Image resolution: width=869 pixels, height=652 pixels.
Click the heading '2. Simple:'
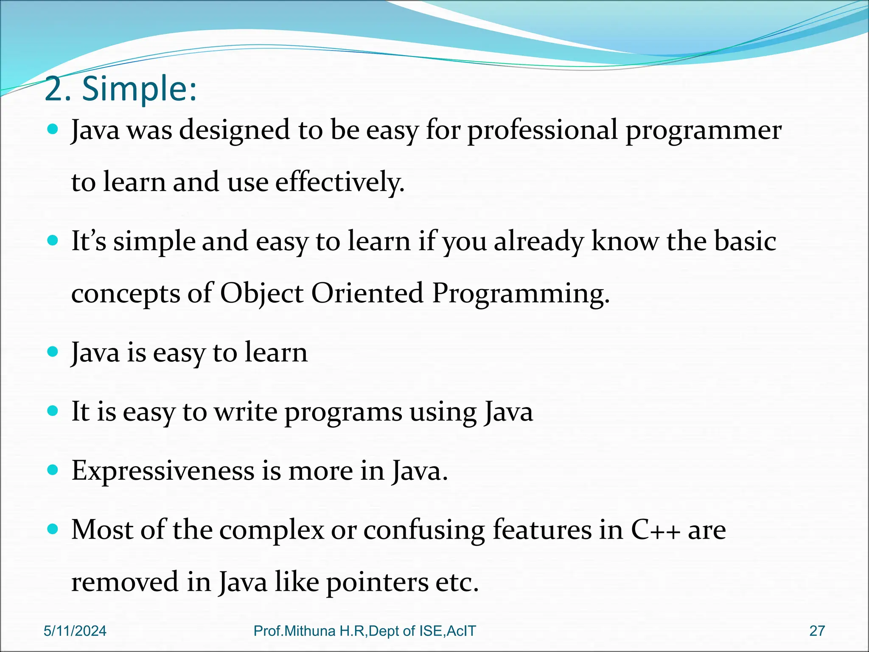pyautogui.click(x=121, y=90)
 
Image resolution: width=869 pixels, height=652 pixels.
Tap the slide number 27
pyautogui.click(x=817, y=631)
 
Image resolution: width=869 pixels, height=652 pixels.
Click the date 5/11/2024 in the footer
pyautogui.click(x=75, y=631)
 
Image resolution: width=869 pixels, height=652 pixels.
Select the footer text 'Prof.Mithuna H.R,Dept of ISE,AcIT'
pyautogui.click(x=365, y=631)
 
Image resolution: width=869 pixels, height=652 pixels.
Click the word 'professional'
pyautogui.click(x=543, y=131)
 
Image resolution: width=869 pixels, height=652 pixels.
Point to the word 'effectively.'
pyautogui.click(x=340, y=183)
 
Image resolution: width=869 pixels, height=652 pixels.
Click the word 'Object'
pyautogui.click(x=261, y=294)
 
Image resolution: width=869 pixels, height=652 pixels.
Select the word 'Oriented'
pyautogui.click(x=367, y=294)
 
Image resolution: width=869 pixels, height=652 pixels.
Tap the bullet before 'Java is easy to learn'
pyautogui.click(x=53, y=352)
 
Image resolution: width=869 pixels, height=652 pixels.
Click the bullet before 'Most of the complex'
pyautogui.click(x=53, y=529)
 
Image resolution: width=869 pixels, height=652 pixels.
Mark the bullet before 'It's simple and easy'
pyautogui.click(x=53, y=241)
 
